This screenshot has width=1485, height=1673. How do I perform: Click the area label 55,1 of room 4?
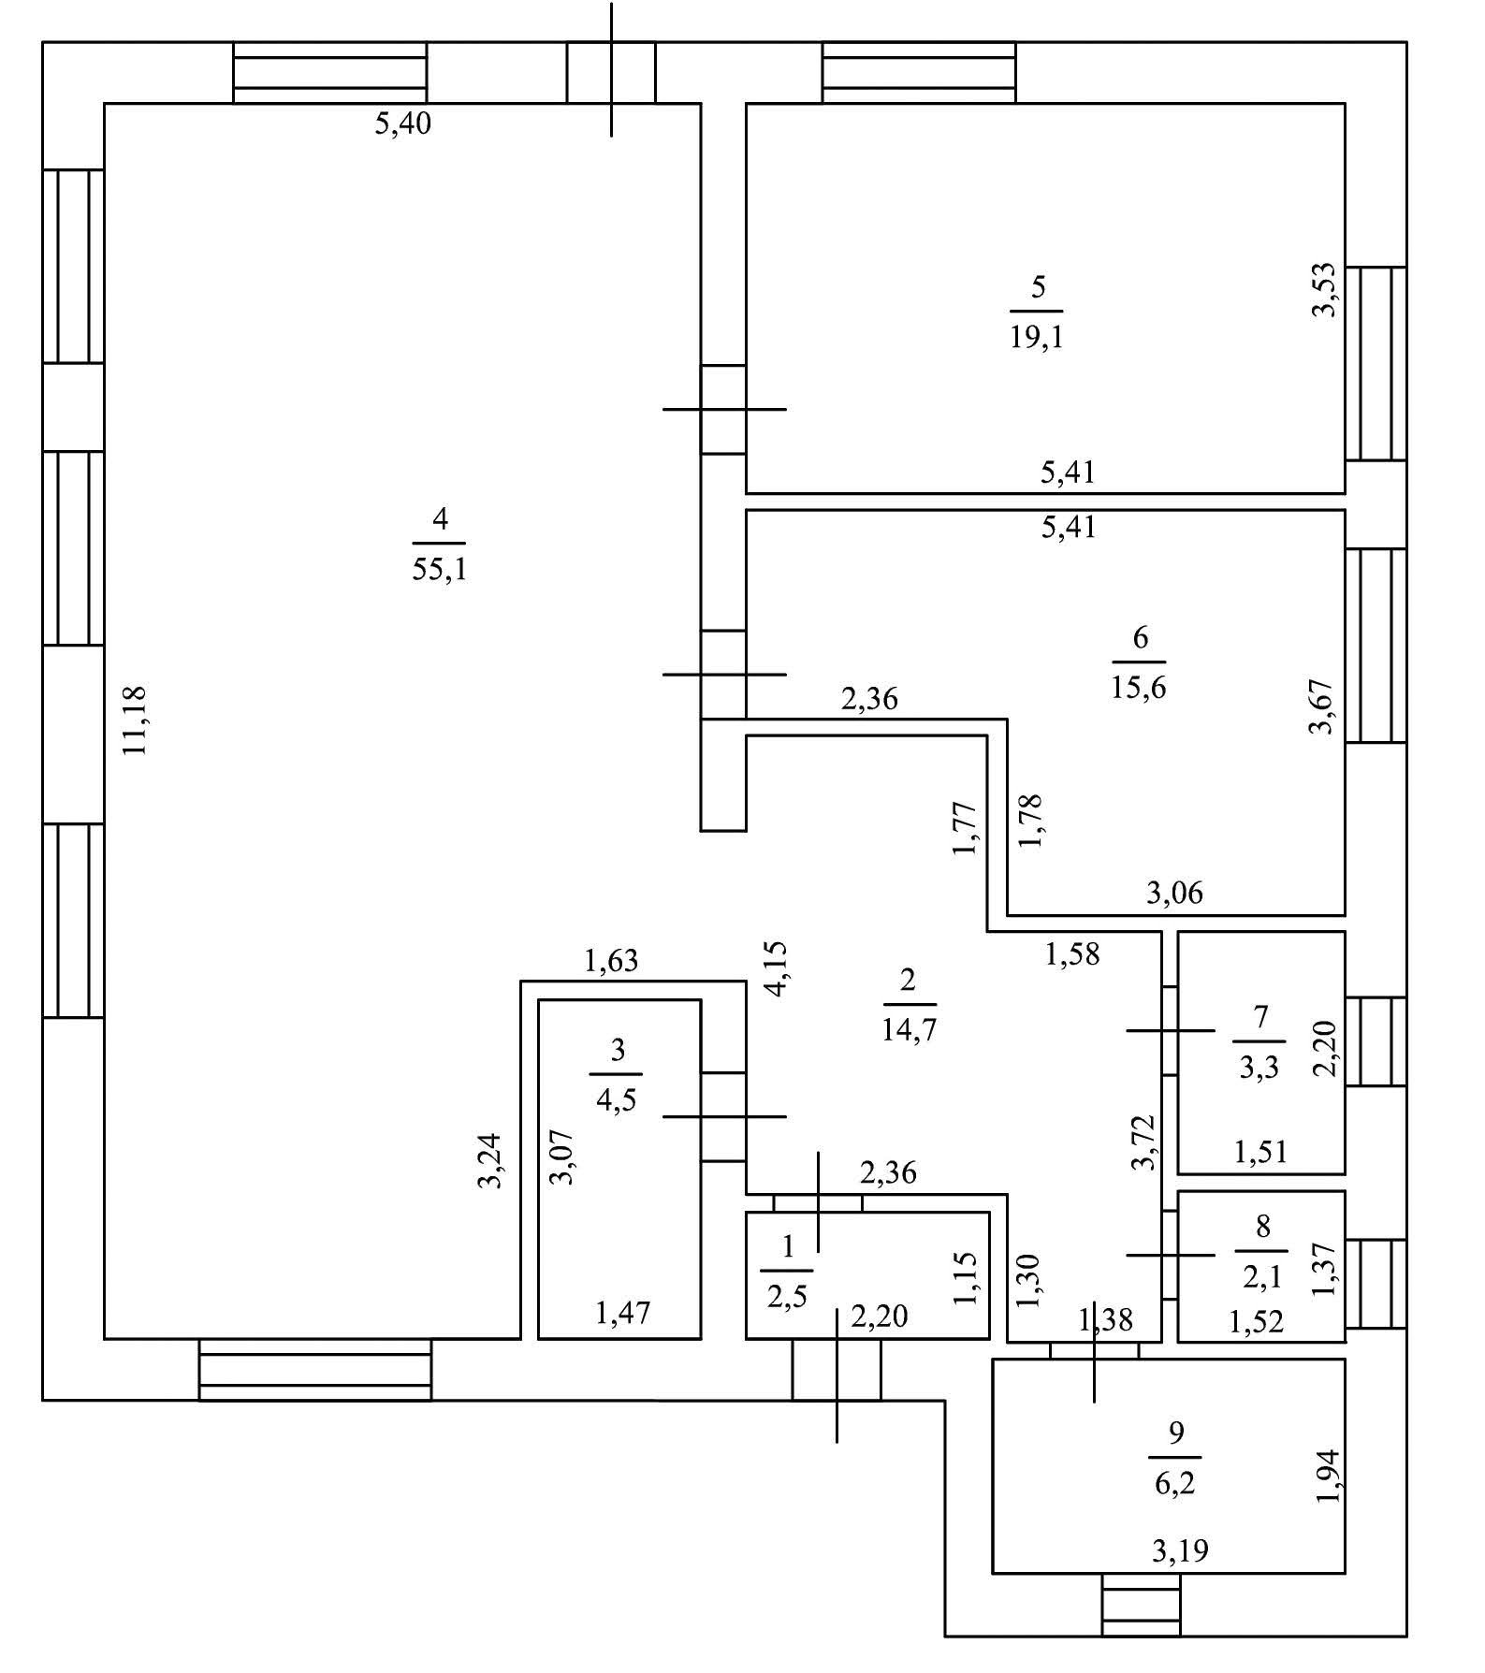[439, 569]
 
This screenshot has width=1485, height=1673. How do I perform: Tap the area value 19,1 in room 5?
[1036, 337]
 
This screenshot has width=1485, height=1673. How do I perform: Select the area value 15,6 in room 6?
[1139, 688]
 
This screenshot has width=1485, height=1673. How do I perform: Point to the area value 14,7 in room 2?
[909, 1030]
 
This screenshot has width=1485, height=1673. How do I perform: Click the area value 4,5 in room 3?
[617, 1099]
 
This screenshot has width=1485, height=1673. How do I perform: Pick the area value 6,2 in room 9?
[1175, 1484]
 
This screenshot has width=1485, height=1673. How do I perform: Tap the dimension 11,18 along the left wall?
[135, 720]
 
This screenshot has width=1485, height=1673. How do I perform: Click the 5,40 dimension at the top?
[402, 124]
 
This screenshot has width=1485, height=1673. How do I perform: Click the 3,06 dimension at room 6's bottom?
[1174, 894]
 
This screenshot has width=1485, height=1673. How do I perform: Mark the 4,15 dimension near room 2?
[778, 968]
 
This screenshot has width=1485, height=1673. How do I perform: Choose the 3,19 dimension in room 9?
[1180, 1551]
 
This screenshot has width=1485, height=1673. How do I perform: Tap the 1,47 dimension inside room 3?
[622, 1314]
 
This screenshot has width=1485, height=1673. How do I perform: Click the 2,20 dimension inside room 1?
[879, 1317]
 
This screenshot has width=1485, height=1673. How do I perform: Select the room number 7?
[1259, 1017]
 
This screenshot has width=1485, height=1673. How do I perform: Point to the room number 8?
[1262, 1227]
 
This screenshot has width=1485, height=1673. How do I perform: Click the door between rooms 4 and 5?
[723, 409]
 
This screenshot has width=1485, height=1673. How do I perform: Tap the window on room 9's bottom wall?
[1141, 1604]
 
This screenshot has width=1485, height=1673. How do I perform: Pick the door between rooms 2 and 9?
[1094, 1349]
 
